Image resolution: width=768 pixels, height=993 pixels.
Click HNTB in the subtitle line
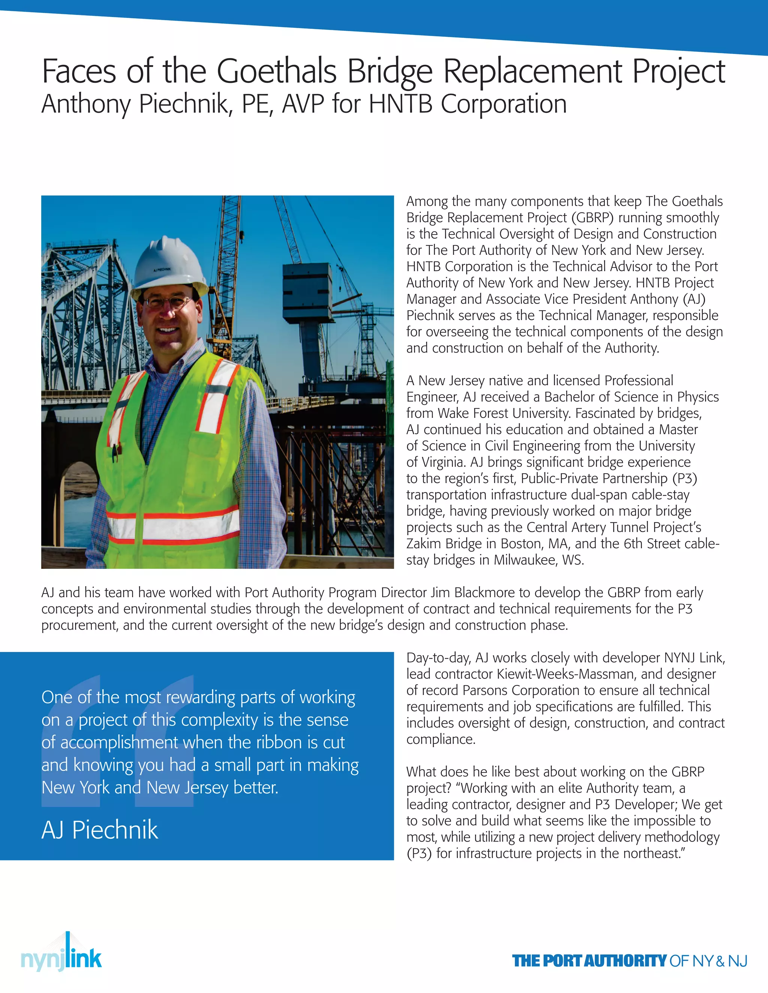click(400, 104)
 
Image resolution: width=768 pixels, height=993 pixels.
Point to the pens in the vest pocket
click(116, 450)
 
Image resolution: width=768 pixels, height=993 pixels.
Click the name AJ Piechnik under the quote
click(100, 830)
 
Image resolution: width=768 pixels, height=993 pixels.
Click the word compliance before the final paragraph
click(440, 740)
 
